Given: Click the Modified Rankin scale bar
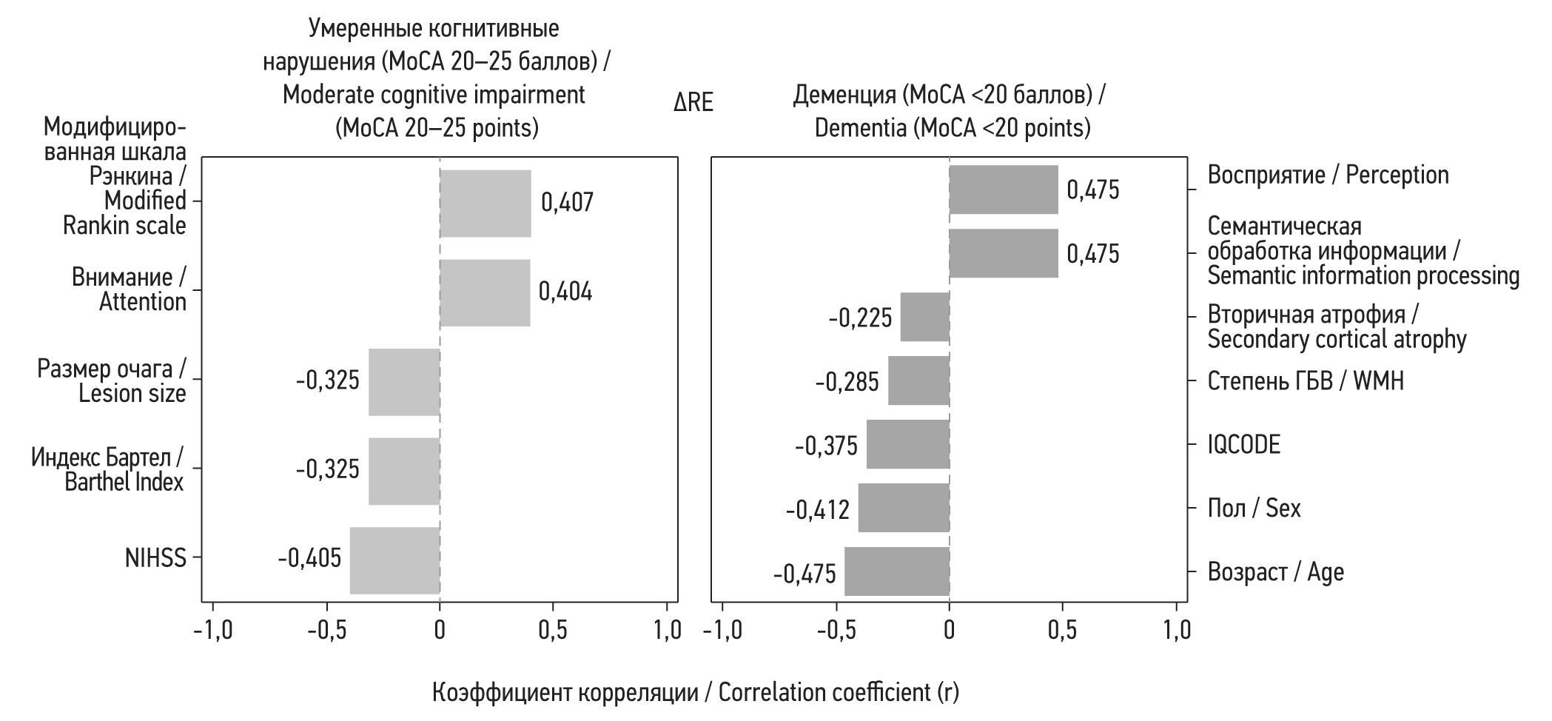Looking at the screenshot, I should pos(486,204).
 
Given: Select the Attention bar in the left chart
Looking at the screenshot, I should pos(485,292).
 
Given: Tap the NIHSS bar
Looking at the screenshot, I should pos(394,560).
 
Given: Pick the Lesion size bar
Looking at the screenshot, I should pos(404,381).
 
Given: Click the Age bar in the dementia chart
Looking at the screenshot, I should pos(897,571).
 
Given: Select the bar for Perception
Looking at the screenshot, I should pos(1004,190).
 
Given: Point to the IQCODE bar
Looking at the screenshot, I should pos(908,444).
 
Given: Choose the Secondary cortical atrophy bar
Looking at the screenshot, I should pos(925,317).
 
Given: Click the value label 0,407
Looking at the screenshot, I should pos(567,203).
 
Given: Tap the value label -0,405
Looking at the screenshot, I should pos(309,557).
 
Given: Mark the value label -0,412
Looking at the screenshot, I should pos(818,509).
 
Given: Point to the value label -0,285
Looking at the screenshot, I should pos(847,382).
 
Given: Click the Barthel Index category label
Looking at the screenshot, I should pos(107,469).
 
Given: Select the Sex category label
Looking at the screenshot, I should pos(1254,509).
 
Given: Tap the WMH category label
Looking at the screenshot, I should pos(1306,381).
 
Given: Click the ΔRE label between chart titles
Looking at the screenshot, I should pos(693,103).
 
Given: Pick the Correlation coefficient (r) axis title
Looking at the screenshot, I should pos(695,692).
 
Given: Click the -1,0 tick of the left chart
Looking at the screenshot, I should pos(213,630).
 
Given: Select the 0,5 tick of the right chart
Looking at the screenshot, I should pos(1063,630).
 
